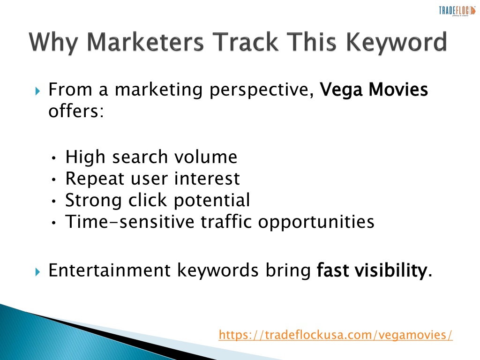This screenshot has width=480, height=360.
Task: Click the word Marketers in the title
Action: (x=145, y=42)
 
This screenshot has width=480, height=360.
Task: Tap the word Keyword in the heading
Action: (x=397, y=42)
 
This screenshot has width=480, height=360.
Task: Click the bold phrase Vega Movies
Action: (x=374, y=90)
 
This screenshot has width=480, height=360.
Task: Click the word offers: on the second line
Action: (x=76, y=111)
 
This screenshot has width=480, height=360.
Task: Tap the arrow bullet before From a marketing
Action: (x=37, y=91)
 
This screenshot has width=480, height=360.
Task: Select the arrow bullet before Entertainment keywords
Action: (x=37, y=271)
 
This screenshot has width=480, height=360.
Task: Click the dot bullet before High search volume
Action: (x=54, y=158)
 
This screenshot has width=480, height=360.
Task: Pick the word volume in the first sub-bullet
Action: (x=206, y=157)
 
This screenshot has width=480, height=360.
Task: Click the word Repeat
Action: (x=95, y=179)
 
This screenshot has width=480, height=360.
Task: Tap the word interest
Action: (x=207, y=178)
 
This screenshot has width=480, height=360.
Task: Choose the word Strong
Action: (x=94, y=201)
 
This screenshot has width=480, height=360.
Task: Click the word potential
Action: (x=212, y=201)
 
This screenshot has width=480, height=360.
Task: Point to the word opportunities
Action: (x=316, y=222)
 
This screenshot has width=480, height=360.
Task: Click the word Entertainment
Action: (x=109, y=270)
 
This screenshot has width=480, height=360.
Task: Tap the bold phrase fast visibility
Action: (x=372, y=270)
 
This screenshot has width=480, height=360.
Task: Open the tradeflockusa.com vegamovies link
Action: (x=336, y=335)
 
